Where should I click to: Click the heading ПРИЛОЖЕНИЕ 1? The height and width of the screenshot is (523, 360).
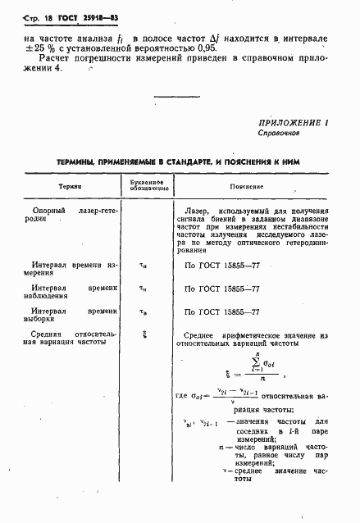pos(293,122)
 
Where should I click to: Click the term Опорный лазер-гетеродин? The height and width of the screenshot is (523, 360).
pos(67,215)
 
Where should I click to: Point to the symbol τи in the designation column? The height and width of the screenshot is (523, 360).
pos(144,265)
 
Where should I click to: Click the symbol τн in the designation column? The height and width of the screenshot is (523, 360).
pos(144,289)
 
